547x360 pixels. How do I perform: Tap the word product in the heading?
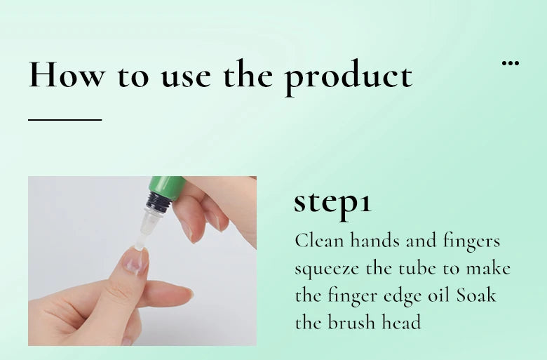[348, 75]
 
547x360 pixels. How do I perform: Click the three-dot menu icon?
[511, 63]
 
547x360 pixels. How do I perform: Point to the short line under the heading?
[65, 119]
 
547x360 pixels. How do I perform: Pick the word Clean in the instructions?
[320, 241]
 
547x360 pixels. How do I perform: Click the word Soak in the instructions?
[476, 295]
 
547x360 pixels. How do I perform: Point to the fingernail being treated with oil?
[134, 260]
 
